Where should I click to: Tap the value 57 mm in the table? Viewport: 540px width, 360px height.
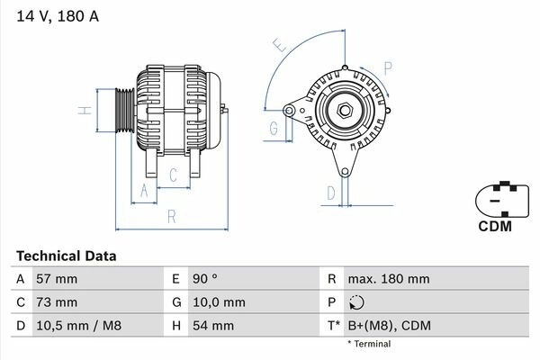(x=57, y=279)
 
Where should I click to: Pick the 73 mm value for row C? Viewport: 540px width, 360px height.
(x=57, y=302)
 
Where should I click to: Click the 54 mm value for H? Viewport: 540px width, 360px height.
(x=212, y=325)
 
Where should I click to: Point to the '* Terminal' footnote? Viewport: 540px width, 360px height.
(x=370, y=344)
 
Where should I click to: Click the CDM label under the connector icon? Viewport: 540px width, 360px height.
(x=493, y=227)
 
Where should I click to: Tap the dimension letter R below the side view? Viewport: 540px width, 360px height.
(x=170, y=216)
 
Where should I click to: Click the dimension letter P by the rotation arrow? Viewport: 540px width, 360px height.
(x=388, y=66)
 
